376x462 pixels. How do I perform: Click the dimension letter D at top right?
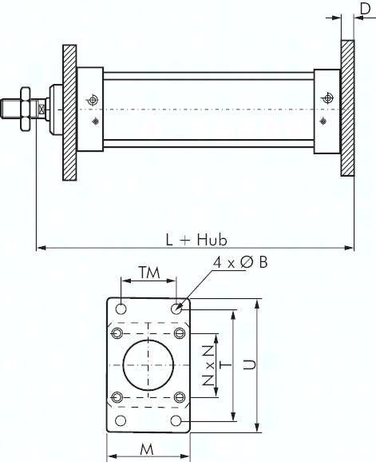[365, 9]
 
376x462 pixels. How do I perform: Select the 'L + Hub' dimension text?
[196, 240]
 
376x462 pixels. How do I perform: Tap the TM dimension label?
[149, 273]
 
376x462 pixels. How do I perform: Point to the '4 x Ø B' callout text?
[240, 262]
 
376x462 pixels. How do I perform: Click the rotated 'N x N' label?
[208, 365]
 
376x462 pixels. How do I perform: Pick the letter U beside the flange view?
[250, 364]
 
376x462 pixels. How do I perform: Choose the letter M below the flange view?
[147, 449]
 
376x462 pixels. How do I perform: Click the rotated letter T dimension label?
[226, 365]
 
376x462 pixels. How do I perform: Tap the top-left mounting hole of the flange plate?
[121, 309]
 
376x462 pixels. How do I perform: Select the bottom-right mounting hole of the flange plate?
[176, 420]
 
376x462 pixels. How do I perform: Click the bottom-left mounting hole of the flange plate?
[121, 420]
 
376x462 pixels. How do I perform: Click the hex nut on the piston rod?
[25, 109]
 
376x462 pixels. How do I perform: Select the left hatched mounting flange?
[69, 113]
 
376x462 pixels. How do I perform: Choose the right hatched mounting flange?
[348, 108]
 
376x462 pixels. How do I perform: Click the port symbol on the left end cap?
[93, 100]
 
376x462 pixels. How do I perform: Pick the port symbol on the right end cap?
[327, 98]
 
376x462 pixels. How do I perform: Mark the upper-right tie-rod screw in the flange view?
[179, 333]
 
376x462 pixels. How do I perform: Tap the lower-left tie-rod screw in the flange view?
[117, 397]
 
